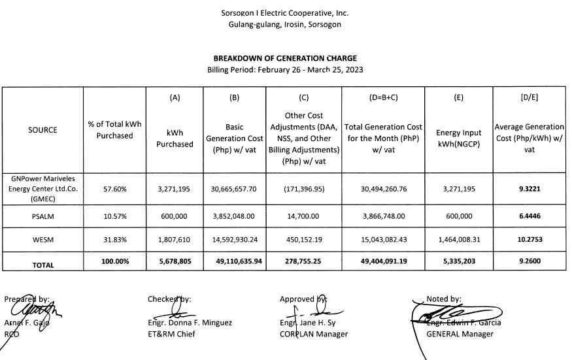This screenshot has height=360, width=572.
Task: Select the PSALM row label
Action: coord(42,215)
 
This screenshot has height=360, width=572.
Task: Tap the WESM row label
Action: coord(42,240)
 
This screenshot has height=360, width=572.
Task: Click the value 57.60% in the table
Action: coord(115,189)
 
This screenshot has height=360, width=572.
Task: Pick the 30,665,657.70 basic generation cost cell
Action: coord(235,189)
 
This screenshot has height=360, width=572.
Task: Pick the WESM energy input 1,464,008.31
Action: coord(458,240)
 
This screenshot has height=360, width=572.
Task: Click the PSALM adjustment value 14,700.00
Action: coord(303,215)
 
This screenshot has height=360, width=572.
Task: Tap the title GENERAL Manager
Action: coord(460,334)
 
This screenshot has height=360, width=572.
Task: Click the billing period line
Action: coord(284,69)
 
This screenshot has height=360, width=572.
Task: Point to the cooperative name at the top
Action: coord(284,13)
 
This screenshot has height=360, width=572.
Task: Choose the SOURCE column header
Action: coord(42,129)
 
